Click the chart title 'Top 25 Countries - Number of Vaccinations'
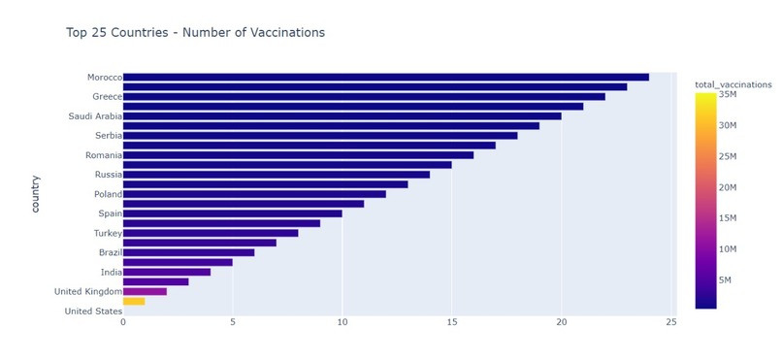pyautogui.click(x=195, y=33)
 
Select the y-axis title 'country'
pyautogui.click(x=36, y=193)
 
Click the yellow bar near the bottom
pyautogui.click(x=134, y=301)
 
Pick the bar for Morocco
pyautogui.click(x=385, y=77)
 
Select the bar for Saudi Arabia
pyautogui.click(x=342, y=115)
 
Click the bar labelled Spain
pyautogui.click(x=232, y=213)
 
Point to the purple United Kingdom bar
pyautogui.click(x=145, y=291)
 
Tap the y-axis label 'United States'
pyautogui.click(x=93, y=311)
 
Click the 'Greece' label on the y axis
pyautogui.click(x=106, y=97)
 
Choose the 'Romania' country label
pyautogui.click(x=102, y=155)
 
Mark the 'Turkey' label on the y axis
pyautogui.click(x=107, y=233)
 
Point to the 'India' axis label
pyautogui.click(x=111, y=273)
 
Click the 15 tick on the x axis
pyautogui.click(x=451, y=322)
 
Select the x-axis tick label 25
pyautogui.click(x=670, y=322)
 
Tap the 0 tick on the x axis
pyautogui.click(x=123, y=322)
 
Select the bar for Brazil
pyautogui.click(x=188, y=252)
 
